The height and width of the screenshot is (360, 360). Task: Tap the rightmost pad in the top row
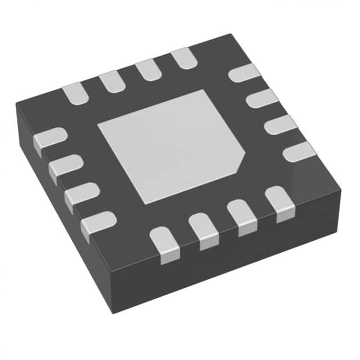[182, 58]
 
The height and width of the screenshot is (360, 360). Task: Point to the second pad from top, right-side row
[262, 98]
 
